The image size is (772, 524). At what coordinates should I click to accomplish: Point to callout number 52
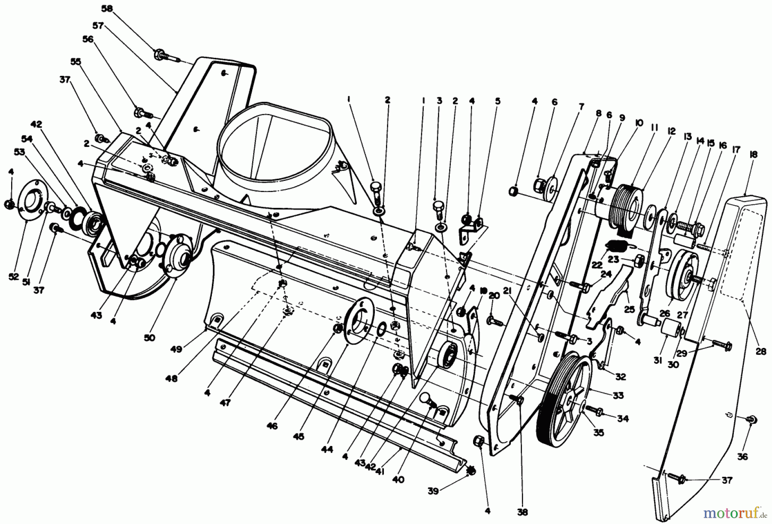point(13,277)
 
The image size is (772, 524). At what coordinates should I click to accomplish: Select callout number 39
point(433,491)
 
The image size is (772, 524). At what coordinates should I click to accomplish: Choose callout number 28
point(761,351)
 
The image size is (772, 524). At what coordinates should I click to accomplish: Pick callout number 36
point(743,457)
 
